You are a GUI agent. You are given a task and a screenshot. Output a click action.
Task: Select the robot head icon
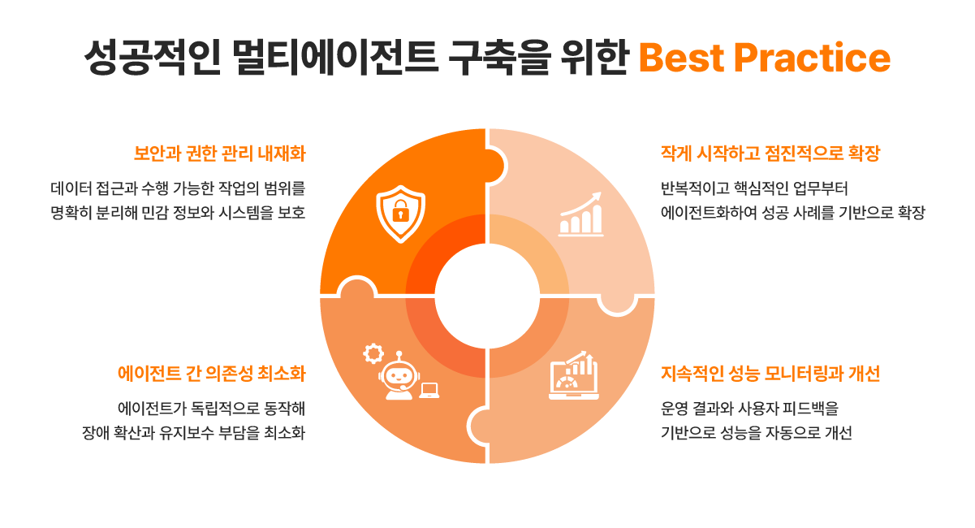point(399,376)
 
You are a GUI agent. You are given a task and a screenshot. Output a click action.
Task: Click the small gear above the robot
point(373,353)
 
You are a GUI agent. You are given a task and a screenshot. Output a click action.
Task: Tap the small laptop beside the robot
point(429,391)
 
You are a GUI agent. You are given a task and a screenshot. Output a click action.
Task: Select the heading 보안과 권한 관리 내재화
point(219,154)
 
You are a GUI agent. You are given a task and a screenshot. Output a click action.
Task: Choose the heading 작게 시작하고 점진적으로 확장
point(770,154)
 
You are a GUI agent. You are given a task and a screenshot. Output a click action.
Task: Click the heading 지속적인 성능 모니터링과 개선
point(770,374)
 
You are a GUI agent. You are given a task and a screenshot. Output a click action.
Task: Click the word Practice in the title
point(813,58)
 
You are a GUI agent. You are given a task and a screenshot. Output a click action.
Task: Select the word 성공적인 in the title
point(152,58)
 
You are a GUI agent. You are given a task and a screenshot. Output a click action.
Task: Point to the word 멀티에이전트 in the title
point(334,58)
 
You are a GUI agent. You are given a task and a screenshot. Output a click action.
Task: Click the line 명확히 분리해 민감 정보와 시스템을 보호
point(178,213)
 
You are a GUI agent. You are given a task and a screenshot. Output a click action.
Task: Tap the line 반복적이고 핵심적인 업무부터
point(754,189)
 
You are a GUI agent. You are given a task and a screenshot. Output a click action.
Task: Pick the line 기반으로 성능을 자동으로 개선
point(757,432)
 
